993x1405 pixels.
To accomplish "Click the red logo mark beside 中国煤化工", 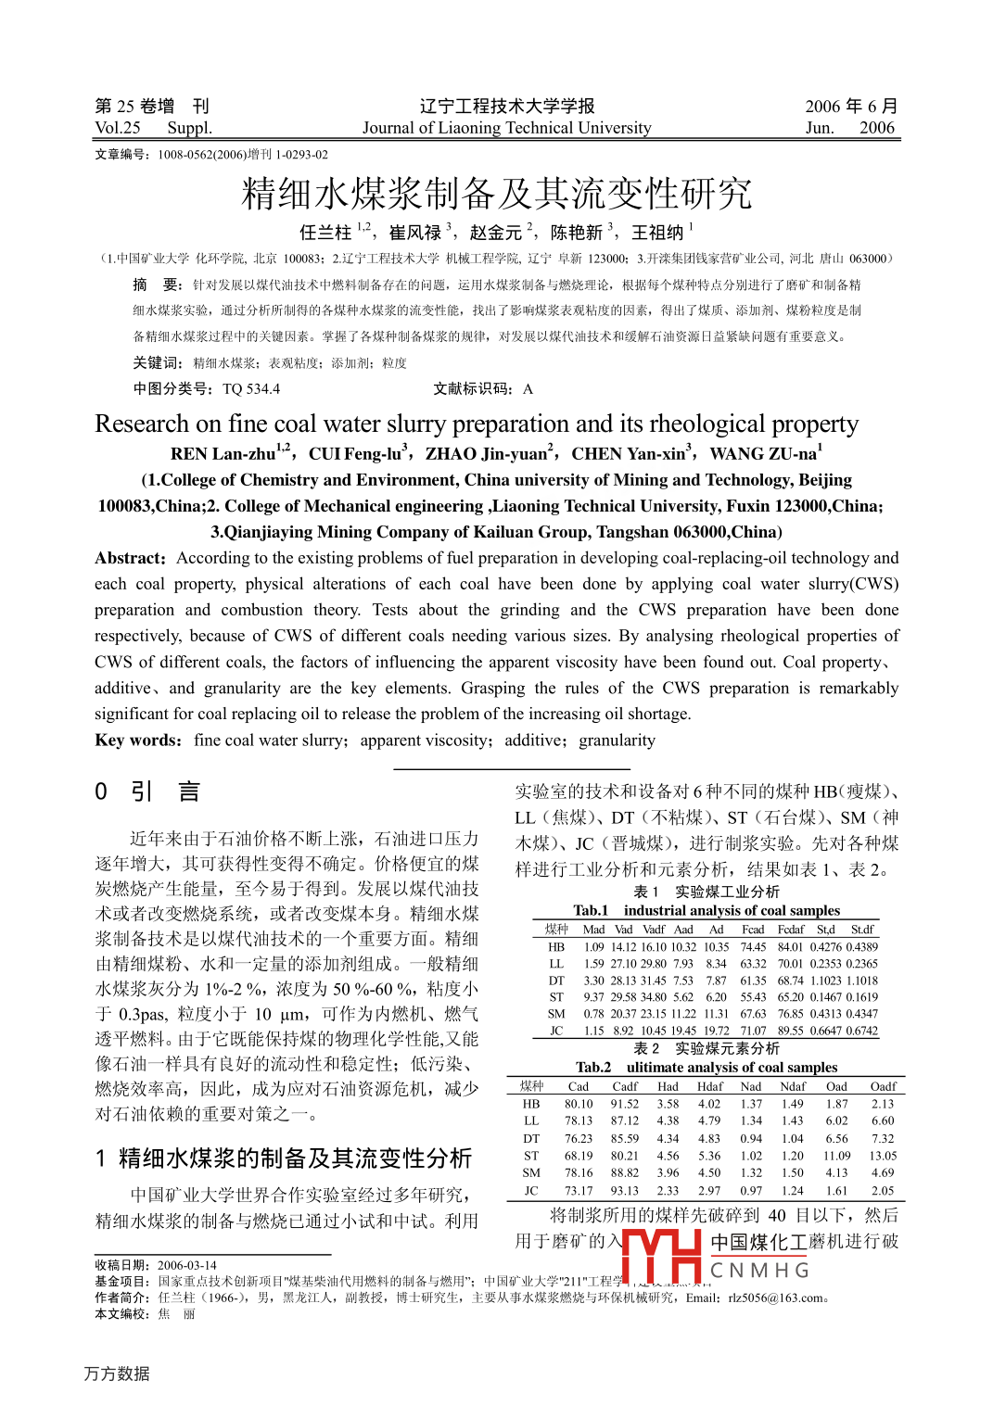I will click(661, 1254).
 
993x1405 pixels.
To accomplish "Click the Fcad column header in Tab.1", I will click(753, 930).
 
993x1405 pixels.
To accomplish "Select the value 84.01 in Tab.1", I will click(790, 947).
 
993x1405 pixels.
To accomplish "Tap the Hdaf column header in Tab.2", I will click(709, 1086).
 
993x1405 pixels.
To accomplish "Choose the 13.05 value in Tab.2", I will click(883, 1156).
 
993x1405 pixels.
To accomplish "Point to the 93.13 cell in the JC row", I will click(624, 1191).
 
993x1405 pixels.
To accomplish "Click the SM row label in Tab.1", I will click(556, 1014).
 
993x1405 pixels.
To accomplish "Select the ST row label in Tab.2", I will click(531, 1156).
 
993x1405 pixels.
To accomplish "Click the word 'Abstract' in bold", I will click(129, 558).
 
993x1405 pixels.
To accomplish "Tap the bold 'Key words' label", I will click(137, 740).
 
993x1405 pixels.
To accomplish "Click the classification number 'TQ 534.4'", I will click(251, 389).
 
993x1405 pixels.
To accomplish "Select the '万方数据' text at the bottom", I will click(117, 1373).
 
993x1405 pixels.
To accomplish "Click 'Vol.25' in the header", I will click(118, 128).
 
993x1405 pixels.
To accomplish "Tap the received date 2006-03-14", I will click(186, 1265).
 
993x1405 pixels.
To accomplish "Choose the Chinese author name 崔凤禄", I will click(415, 233).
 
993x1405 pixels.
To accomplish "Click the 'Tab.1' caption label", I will click(591, 910).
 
